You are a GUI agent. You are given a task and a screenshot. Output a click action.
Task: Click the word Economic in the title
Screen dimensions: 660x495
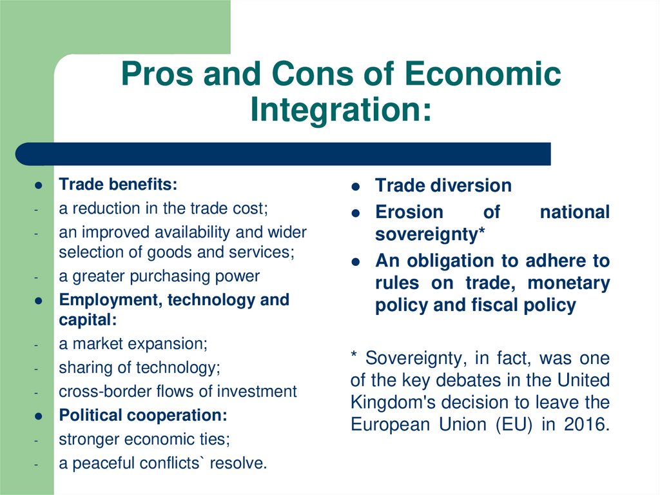click(x=482, y=74)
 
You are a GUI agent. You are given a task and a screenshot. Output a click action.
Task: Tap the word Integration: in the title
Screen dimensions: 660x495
click(x=341, y=110)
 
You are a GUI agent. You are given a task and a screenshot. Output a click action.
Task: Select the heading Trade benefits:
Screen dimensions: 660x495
click(x=118, y=185)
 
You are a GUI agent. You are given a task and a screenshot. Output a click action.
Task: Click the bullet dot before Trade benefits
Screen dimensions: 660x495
click(x=38, y=185)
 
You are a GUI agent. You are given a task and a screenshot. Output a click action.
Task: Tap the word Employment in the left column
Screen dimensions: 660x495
click(x=111, y=300)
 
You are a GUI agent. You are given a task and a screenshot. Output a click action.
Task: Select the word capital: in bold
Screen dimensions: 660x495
click(x=88, y=320)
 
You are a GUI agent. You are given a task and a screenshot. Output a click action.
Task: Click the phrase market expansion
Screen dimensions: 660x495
click(x=140, y=344)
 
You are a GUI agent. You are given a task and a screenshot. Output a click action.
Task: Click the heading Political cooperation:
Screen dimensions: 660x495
click(x=143, y=416)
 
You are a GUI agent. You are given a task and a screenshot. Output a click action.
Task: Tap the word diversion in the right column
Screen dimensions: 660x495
click(x=470, y=185)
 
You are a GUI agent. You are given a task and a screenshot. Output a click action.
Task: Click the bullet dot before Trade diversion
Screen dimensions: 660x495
click(x=356, y=187)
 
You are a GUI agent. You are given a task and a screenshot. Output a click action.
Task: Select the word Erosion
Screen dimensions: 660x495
click(x=409, y=212)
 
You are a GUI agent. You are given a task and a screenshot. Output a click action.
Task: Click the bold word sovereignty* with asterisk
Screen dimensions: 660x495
click(x=430, y=234)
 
